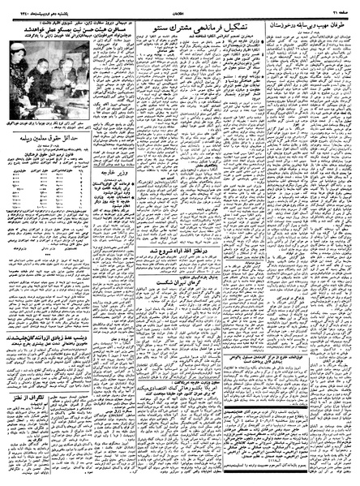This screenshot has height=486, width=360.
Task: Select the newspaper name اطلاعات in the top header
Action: click(x=181, y=9)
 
